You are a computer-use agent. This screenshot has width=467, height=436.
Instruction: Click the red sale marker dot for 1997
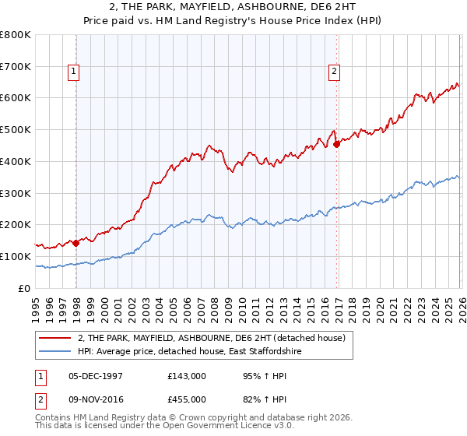75,243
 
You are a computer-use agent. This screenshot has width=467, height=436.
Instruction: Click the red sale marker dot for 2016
336,144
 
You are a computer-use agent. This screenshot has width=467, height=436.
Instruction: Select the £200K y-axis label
16,224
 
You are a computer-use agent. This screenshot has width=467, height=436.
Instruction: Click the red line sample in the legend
55,338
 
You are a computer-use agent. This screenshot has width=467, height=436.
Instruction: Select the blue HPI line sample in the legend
55,353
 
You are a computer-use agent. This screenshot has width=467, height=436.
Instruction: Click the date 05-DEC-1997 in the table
104,375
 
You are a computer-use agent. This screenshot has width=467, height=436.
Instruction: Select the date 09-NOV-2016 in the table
104,399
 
